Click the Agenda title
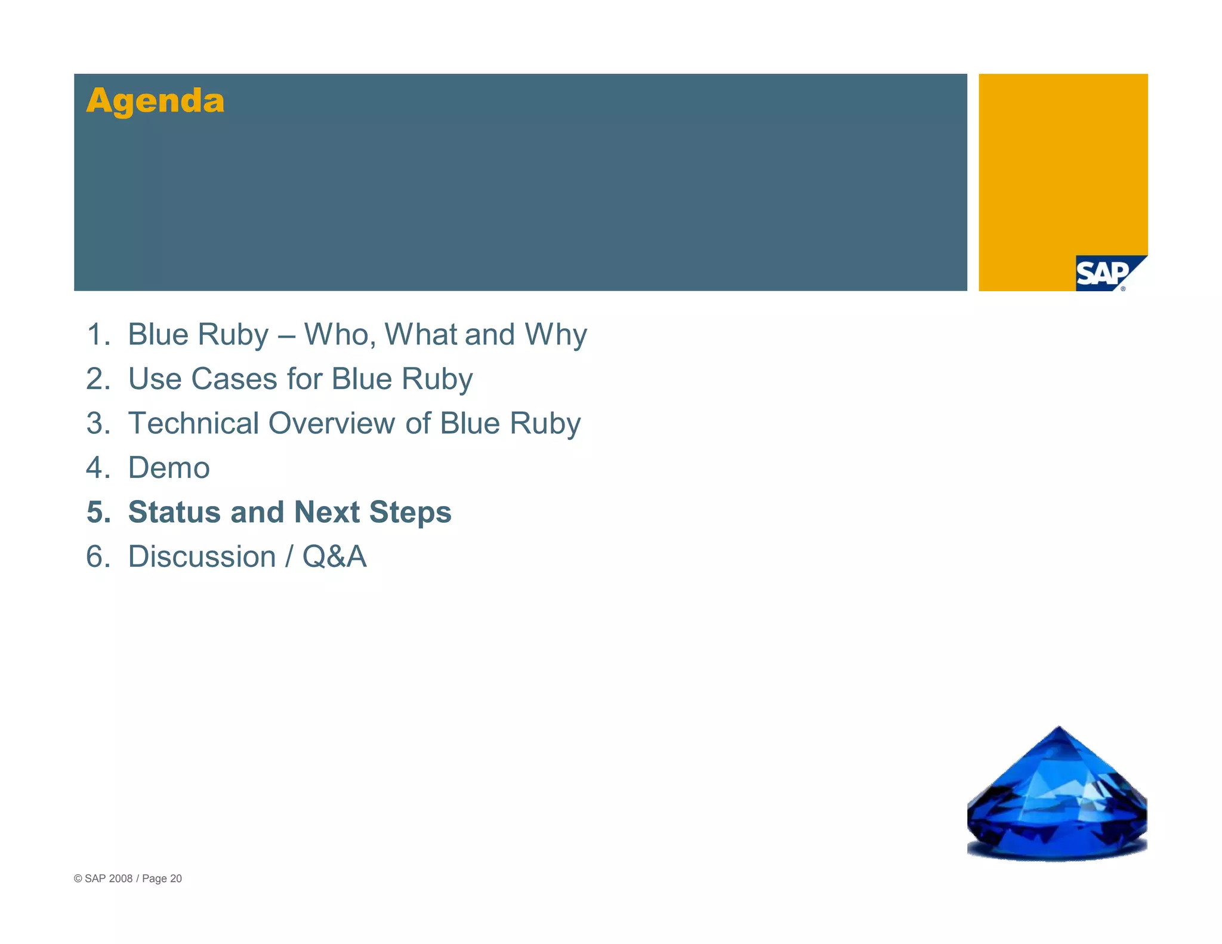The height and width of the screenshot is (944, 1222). pyautogui.click(x=155, y=100)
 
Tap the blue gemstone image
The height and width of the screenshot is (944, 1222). pyautogui.click(x=1057, y=800)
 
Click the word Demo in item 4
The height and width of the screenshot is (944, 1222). pyautogui.click(x=169, y=468)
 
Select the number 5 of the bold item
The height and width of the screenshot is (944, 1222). pyautogui.click(x=98, y=513)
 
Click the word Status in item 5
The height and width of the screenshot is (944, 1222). pyautogui.click(x=174, y=513)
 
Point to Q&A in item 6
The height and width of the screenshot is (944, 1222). pyautogui.click(x=334, y=557)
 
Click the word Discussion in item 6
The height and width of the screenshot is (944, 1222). pyautogui.click(x=202, y=557)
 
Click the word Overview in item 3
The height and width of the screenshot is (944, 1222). pyautogui.click(x=331, y=424)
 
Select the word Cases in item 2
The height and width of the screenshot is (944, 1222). pyautogui.click(x=234, y=379)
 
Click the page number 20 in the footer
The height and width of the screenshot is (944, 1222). pyautogui.click(x=176, y=878)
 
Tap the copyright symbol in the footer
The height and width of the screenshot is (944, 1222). pyautogui.click(x=78, y=878)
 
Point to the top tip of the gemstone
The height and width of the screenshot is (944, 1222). pyautogui.click(x=1059, y=728)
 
